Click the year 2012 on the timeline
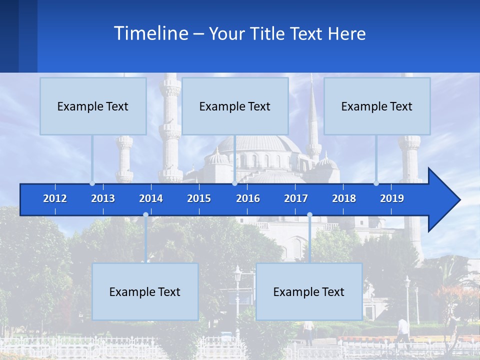pos(55,198)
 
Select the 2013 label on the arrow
pos(103,198)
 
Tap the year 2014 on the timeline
pos(151,198)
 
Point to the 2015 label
pos(199,198)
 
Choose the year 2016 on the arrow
pos(248,198)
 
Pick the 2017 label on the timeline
pos(296,198)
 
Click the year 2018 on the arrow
pos(344,198)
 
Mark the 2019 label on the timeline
pos(392,198)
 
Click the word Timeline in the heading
pos(150,33)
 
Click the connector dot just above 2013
pos(92,183)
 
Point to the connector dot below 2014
pos(145,215)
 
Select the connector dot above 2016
pos(234,183)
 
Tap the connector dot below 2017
pos(309,215)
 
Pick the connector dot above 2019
pos(376,183)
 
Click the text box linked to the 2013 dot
pos(93,106)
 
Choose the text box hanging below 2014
pos(145,291)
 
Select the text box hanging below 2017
pos(309,291)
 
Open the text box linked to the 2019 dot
pos(377,106)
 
